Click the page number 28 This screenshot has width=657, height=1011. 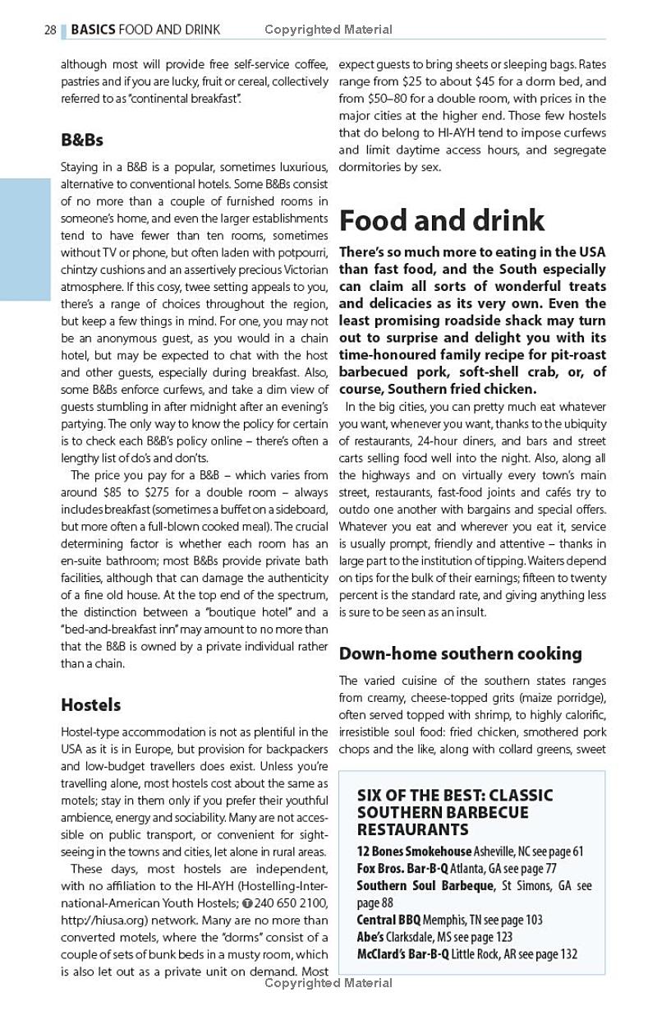[x=50, y=30]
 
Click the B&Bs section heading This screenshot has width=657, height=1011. [x=82, y=140]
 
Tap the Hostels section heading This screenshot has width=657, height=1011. [x=90, y=704]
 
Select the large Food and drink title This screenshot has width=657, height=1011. [x=442, y=220]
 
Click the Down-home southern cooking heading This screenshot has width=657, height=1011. [x=461, y=653]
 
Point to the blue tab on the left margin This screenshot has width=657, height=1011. [x=25, y=239]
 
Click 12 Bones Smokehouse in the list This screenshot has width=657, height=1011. [x=414, y=852]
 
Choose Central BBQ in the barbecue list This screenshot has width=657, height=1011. [x=392, y=920]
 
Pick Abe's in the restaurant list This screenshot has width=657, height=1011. [x=370, y=937]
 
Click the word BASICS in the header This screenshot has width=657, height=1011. [x=93, y=30]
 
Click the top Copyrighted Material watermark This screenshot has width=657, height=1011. [x=328, y=30]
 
